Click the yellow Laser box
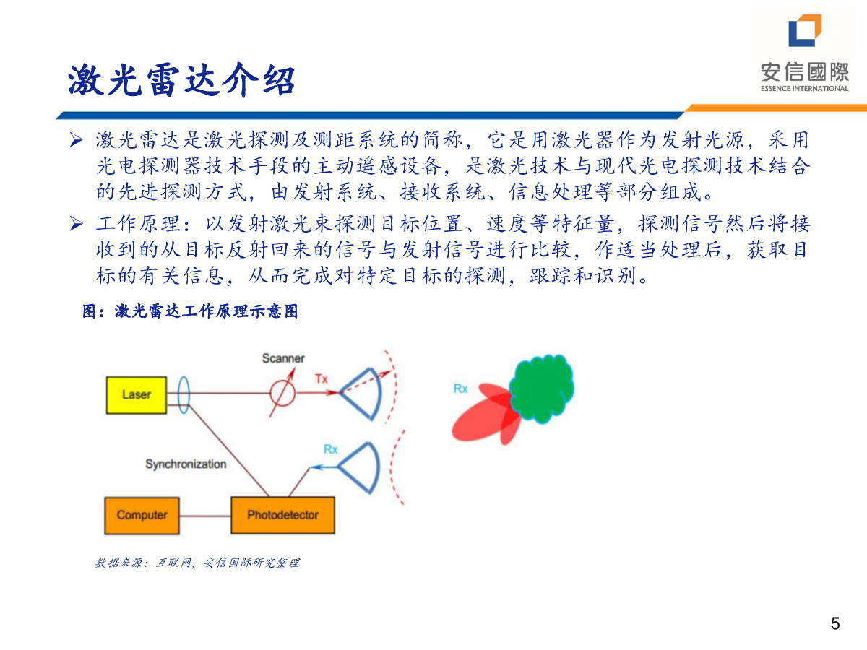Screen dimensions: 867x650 point(137,395)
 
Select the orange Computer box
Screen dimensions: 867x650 point(142,516)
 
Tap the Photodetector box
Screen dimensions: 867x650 point(282,515)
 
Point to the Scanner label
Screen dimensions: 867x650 point(283,358)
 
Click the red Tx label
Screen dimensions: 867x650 point(322,379)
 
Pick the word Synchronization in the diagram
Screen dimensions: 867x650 point(186,464)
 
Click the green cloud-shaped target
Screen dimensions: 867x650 point(542,389)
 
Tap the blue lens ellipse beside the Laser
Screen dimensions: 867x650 point(184,395)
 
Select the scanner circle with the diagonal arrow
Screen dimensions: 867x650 point(282,393)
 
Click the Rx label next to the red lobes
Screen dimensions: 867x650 point(460,389)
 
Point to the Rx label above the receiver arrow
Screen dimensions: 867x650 point(331,449)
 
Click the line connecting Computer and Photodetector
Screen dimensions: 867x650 point(205,516)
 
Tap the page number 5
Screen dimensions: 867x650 point(835,623)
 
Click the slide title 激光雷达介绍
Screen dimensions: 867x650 point(181,80)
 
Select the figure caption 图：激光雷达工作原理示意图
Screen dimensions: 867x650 point(190,311)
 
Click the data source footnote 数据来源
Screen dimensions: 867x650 point(197,563)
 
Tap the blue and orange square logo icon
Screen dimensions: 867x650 point(805,30)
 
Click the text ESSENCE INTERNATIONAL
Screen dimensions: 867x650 point(805,88)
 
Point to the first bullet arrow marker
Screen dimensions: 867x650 point(77,140)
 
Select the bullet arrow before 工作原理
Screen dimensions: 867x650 point(77,224)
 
